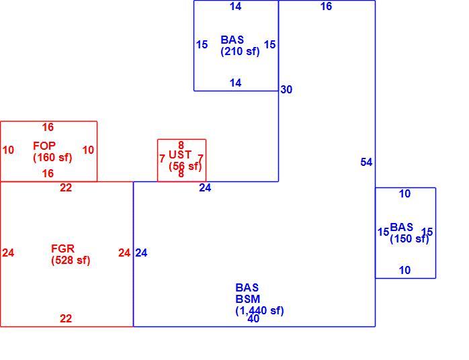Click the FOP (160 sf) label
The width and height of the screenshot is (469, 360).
[x=52, y=152]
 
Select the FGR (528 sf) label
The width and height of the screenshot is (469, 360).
[x=71, y=254]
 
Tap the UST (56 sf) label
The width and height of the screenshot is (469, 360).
[x=185, y=161]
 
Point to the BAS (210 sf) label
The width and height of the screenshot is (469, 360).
[x=240, y=46]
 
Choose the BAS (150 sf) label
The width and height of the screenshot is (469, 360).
[x=409, y=233]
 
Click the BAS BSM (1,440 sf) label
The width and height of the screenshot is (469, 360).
[x=259, y=299]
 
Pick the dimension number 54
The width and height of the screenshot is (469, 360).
[x=366, y=162]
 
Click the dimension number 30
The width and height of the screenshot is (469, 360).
[x=286, y=89]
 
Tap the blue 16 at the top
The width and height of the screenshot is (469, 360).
[x=326, y=6]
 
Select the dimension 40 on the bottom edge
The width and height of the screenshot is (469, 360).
[x=253, y=319]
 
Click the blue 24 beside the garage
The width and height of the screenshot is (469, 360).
[x=141, y=253]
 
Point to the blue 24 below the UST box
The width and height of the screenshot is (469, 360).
[x=205, y=188]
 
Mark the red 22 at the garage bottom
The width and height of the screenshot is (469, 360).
[x=66, y=318]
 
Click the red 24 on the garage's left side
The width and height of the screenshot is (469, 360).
[x=8, y=253]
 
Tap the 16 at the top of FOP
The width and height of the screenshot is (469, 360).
[x=48, y=127]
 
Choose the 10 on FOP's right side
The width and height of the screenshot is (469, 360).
[x=88, y=150]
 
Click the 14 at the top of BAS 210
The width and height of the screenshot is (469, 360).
[x=235, y=6]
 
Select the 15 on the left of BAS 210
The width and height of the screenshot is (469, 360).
[x=202, y=44]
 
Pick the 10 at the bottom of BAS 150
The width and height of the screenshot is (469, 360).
[x=404, y=270]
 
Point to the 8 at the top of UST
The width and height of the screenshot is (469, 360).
[x=181, y=145]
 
